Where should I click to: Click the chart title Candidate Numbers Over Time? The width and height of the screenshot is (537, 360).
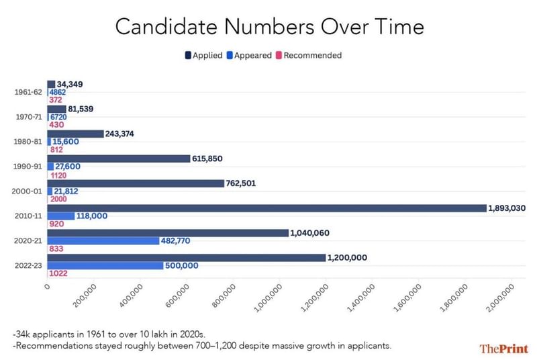(269, 26)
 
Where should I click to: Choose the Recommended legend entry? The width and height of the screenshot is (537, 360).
(308, 55)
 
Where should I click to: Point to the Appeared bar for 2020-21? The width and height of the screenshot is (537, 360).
(103, 240)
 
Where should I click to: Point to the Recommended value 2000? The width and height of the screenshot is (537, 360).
(58, 199)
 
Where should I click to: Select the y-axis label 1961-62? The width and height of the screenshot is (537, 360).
(28, 93)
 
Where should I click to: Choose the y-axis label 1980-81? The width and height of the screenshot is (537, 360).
(28, 142)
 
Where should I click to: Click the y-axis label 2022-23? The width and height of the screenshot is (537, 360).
(28, 265)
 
